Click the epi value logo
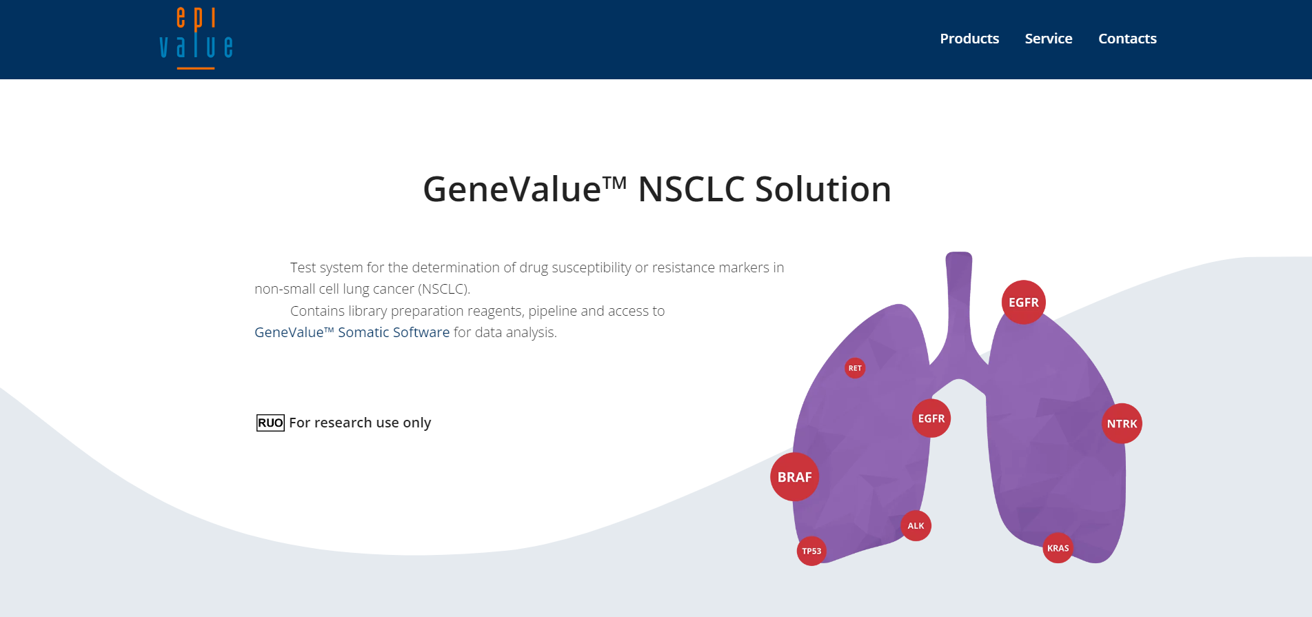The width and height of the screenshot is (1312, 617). tap(196, 39)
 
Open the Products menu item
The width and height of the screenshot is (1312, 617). tap(969, 39)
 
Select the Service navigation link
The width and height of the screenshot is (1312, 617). tap(1048, 39)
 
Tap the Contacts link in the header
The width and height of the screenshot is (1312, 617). tap(1127, 39)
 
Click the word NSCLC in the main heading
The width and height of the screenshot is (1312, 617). tap(691, 190)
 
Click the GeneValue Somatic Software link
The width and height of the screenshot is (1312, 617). tap(352, 332)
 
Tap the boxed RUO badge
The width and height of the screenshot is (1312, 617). tap(270, 423)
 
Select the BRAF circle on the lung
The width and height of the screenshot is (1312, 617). tap(794, 477)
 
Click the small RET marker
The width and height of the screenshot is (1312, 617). tap(855, 368)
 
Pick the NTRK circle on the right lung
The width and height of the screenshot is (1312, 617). tap(1122, 424)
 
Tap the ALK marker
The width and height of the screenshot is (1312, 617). tap(916, 526)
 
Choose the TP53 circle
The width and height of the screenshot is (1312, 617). tap(811, 551)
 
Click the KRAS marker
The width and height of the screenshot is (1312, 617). tap(1058, 548)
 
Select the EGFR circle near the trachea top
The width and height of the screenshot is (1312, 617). tap(1023, 303)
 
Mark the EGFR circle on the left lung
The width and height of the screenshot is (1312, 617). tap(931, 418)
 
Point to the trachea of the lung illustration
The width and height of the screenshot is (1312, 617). tap(959, 303)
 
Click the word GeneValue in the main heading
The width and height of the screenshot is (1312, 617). tap(512, 190)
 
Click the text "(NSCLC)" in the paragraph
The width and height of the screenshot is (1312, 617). tap(444, 289)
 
